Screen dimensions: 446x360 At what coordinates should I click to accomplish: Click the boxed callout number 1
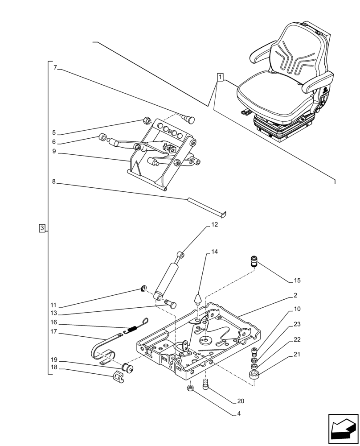pyautogui.click(x=220, y=77)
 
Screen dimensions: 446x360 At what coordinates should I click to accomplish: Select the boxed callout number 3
pyautogui.click(x=41, y=228)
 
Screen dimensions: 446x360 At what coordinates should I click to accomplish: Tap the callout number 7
pyautogui.click(x=55, y=68)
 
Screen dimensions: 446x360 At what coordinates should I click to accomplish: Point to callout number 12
pyautogui.click(x=215, y=225)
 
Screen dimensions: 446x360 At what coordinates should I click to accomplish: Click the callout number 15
pyautogui.click(x=297, y=281)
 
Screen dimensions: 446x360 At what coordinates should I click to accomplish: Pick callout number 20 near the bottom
pyautogui.click(x=241, y=401)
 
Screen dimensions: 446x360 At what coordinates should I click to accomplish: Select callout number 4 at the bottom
pyautogui.click(x=239, y=413)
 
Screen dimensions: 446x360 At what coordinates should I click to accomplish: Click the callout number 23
pyautogui.click(x=297, y=325)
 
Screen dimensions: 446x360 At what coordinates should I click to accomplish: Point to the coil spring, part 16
pyautogui.click(x=132, y=329)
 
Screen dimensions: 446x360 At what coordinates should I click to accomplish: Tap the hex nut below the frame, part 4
pyautogui.click(x=189, y=389)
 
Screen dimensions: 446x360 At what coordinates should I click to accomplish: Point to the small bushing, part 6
pyautogui.click(x=102, y=137)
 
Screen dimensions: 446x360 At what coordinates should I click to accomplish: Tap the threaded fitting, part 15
pyautogui.click(x=254, y=261)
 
